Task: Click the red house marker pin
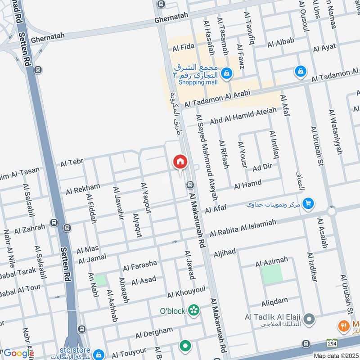pos(180,162)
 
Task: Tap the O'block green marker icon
pos(194,310)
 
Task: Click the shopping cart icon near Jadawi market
pos(308,204)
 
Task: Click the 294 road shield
pos(332,342)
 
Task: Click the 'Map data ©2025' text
pos(336,355)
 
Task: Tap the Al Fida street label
pos(183,47)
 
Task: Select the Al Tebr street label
pos(71,162)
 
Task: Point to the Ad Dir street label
pos(262,167)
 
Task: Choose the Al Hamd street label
pos(247,184)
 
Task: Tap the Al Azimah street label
pos(271,260)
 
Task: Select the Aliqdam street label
pos(274,301)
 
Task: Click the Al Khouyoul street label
pos(186,292)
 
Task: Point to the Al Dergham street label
pos(154,333)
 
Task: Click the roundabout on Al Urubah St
pos(332,211)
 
